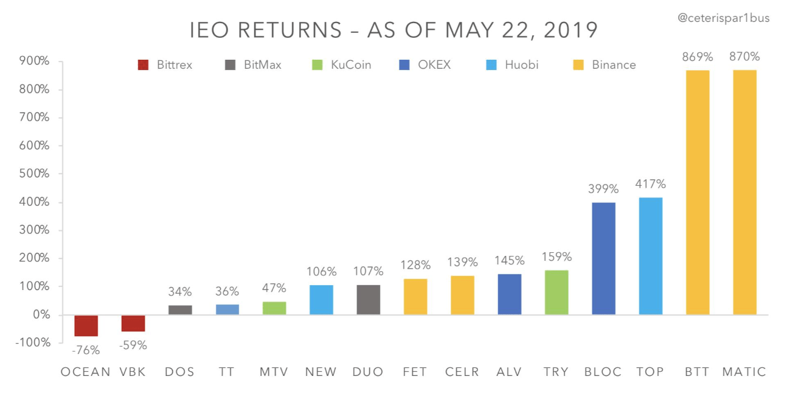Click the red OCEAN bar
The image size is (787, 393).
click(86, 325)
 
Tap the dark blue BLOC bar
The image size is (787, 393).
click(603, 258)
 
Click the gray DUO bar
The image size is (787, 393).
click(368, 300)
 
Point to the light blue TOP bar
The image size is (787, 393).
click(650, 256)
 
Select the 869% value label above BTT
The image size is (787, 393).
click(698, 57)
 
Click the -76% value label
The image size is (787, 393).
click(86, 350)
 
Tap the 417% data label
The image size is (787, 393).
click(650, 184)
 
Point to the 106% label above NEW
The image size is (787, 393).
click(321, 272)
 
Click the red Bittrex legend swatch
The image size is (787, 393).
click(144, 65)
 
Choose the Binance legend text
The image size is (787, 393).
click(614, 65)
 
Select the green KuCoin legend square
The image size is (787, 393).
click(317, 65)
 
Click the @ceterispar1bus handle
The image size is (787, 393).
click(724, 18)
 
